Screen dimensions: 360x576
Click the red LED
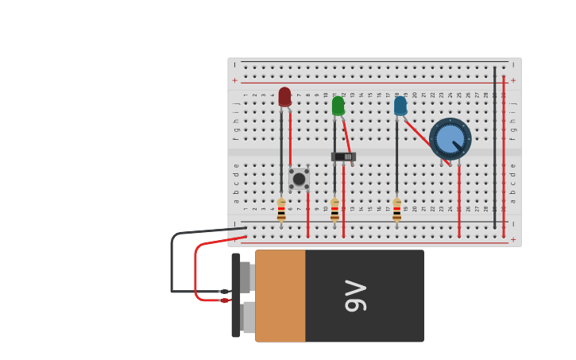click(284, 96)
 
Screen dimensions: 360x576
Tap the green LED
click(338, 106)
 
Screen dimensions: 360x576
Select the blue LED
click(400, 106)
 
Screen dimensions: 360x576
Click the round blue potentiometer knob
click(450, 138)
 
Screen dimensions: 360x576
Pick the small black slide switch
click(344, 157)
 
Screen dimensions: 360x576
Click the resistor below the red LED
click(281, 209)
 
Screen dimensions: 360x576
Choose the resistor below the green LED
click(334, 209)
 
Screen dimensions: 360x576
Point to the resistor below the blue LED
click(396, 209)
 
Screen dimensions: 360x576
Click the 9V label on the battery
click(355, 296)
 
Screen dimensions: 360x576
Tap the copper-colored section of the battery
click(280, 296)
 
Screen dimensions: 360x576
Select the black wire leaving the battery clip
click(172, 262)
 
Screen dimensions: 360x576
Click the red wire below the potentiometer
click(459, 199)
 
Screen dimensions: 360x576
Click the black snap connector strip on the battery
click(236, 295)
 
